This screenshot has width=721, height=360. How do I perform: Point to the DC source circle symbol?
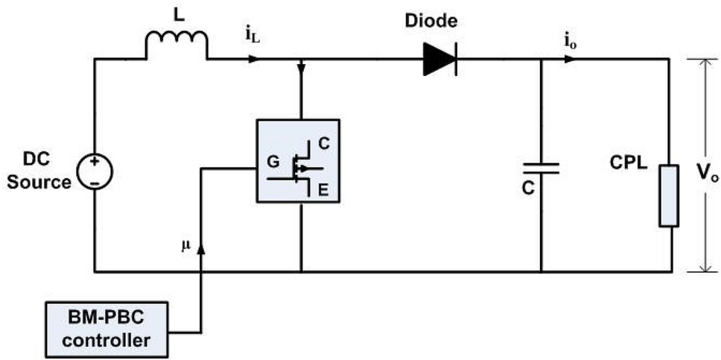coord(96,169)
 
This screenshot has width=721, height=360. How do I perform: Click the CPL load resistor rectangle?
coord(668,196)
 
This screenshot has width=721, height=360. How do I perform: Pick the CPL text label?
coord(623,160)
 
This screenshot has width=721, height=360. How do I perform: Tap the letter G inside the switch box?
coord(273,160)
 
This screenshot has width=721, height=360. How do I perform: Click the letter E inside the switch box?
coord(323,191)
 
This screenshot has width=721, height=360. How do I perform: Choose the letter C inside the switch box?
coord(323,142)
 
